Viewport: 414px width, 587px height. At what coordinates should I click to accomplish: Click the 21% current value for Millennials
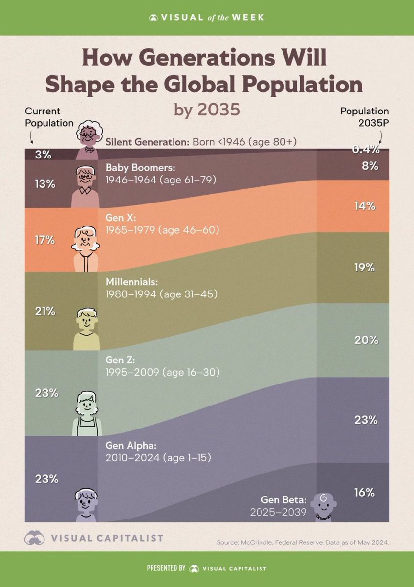45,311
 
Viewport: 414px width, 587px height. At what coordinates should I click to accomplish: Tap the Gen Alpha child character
86,504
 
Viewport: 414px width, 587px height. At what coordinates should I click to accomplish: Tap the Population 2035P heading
365,117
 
